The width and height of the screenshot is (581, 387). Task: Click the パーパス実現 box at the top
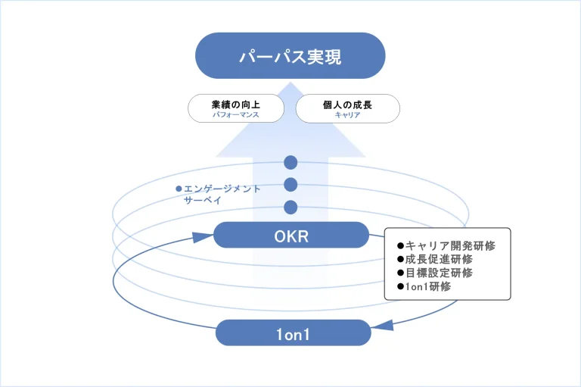click(290, 55)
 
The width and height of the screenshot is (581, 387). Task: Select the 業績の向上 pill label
click(235, 105)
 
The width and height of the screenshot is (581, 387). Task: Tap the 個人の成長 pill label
click(347, 105)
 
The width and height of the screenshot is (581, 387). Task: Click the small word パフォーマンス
click(235, 115)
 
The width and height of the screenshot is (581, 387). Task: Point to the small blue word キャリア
click(347, 115)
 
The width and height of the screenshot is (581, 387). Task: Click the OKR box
click(290, 235)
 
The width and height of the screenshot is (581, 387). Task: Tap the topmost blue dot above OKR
click(290, 163)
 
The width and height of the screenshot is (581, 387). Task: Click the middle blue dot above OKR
click(290, 185)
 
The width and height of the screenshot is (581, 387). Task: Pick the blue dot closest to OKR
click(290, 208)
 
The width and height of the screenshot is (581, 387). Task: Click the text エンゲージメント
click(222, 189)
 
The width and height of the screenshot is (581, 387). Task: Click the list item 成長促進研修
click(439, 259)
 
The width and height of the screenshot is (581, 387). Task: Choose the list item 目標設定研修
click(439, 273)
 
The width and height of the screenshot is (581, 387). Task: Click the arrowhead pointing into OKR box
click(204, 237)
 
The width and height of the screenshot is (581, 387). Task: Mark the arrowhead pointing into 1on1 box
click(383, 326)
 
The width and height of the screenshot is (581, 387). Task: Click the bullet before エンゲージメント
click(179, 189)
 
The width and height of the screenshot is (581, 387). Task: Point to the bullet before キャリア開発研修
click(400, 245)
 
